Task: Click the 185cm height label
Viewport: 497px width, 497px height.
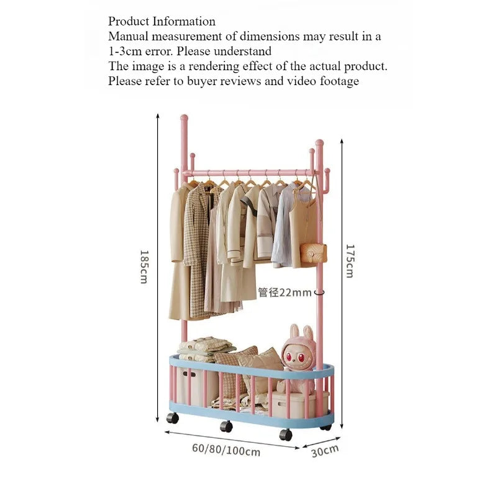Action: click(x=144, y=267)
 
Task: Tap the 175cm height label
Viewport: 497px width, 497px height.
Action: click(x=350, y=261)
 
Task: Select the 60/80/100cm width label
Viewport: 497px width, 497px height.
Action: click(x=226, y=450)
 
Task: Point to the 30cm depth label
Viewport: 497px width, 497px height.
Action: click(x=325, y=451)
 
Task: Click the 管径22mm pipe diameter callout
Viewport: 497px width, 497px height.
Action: click(x=285, y=292)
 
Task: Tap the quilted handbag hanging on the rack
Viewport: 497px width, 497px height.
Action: click(x=313, y=253)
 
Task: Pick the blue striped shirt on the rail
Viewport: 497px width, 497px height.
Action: click(x=283, y=226)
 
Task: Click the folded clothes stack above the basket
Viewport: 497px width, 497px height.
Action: click(x=207, y=349)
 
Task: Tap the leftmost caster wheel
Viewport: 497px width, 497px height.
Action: click(x=173, y=418)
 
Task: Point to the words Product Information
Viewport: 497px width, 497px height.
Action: click(x=162, y=21)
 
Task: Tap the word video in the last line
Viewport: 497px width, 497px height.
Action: click(x=301, y=81)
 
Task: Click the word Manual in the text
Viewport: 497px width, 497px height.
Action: click(x=129, y=36)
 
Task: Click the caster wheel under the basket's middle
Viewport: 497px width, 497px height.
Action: click(x=226, y=427)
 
